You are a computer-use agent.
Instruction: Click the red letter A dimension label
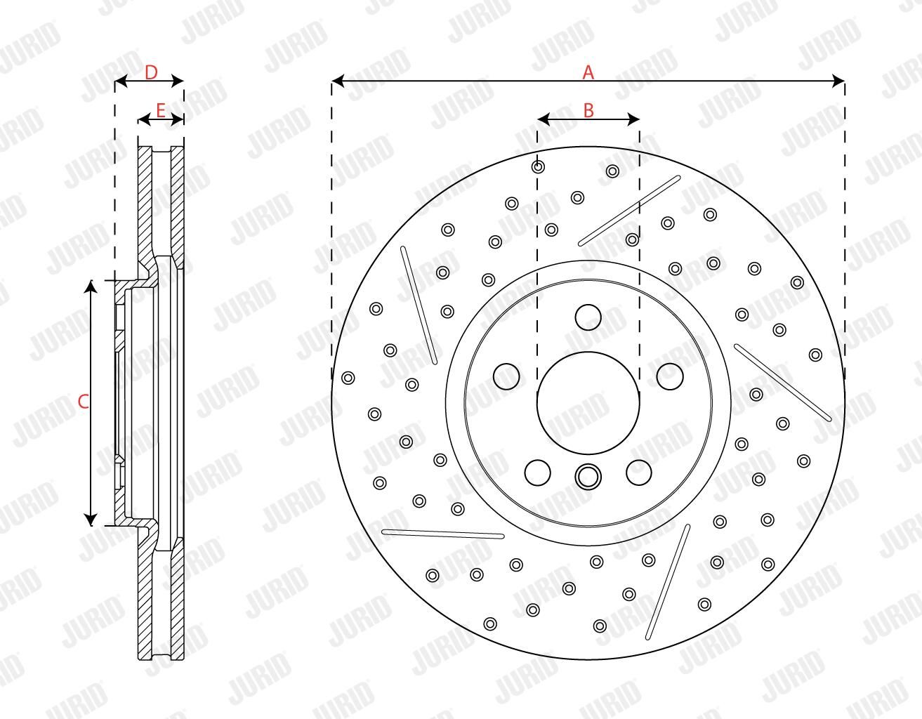[588, 72]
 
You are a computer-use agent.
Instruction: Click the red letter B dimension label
[588, 110]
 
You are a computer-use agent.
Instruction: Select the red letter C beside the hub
[84, 402]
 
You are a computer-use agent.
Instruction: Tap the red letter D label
[151, 72]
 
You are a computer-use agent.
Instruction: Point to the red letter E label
[160, 110]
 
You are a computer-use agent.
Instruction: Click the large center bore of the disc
[588, 403]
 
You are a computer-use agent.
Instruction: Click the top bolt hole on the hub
[588, 317]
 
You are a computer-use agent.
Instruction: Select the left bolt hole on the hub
[506, 376]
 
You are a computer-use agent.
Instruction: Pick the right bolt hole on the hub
[670, 376]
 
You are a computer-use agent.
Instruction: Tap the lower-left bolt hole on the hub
[538, 473]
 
